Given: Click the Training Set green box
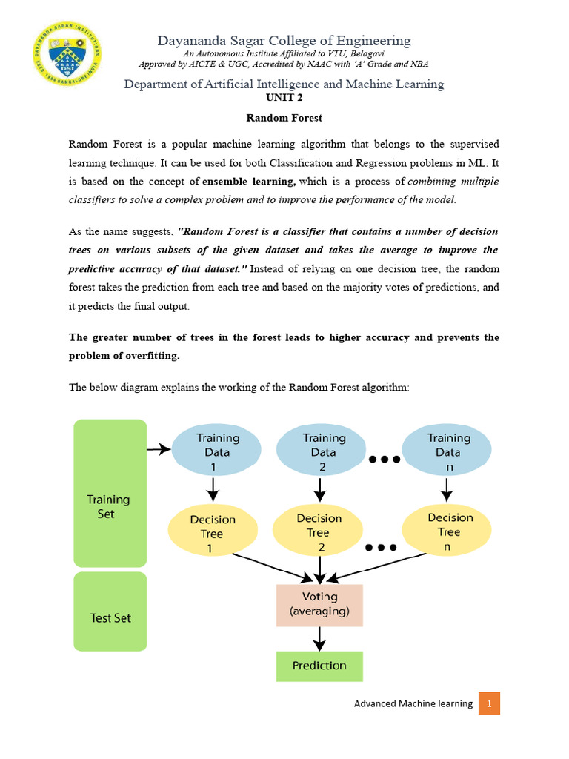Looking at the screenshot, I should pyautogui.click(x=110, y=493).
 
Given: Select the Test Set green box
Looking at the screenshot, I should pyautogui.click(x=110, y=611).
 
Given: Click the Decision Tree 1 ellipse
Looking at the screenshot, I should pyautogui.click(x=213, y=533).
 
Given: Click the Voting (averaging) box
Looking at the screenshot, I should pyautogui.click(x=319, y=603).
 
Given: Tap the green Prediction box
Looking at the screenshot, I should pyautogui.click(x=319, y=666).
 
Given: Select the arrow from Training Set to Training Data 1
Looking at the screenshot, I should pyautogui.click(x=159, y=449).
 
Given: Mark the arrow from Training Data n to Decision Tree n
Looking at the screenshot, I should pyautogui.click(x=447, y=489).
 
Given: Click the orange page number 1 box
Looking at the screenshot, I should pyautogui.click(x=489, y=703).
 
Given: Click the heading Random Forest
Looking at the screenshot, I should pyautogui.click(x=284, y=118).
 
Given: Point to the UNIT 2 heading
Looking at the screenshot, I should pyautogui.click(x=284, y=98).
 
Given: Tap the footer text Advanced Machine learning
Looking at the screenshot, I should pyautogui.click(x=413, y=703).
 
